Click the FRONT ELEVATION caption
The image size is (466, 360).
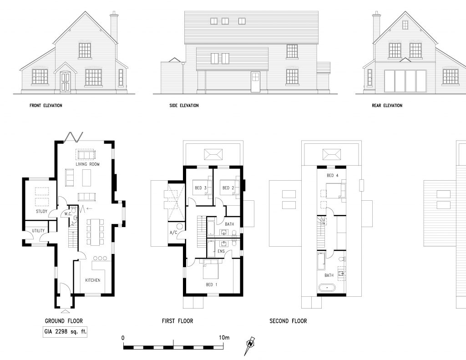coord(46,106)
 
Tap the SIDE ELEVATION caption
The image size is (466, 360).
coord(184,106)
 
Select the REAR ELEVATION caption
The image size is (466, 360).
coord(387,106)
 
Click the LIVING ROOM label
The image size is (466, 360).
coord(87,164)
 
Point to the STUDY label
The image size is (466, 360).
coord(41,212)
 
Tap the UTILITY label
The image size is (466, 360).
coord(38,231)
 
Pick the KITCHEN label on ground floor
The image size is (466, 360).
coord(93,280)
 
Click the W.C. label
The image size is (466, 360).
coord(68,214)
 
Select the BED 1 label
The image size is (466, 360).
coord(211,285)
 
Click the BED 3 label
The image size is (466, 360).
coord(201,188)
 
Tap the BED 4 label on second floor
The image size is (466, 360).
coord(333,175)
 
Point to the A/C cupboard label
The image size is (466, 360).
coord(173,233)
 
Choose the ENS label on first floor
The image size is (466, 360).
coord(221,252)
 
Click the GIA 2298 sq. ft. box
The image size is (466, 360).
coord(65,332)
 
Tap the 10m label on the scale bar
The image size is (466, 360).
coord(224,338)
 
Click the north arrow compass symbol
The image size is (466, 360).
coord(250,345)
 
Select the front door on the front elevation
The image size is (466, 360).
coord(65,82)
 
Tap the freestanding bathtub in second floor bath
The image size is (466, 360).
coord(327,288)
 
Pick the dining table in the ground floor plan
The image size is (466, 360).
coord(95,232)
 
